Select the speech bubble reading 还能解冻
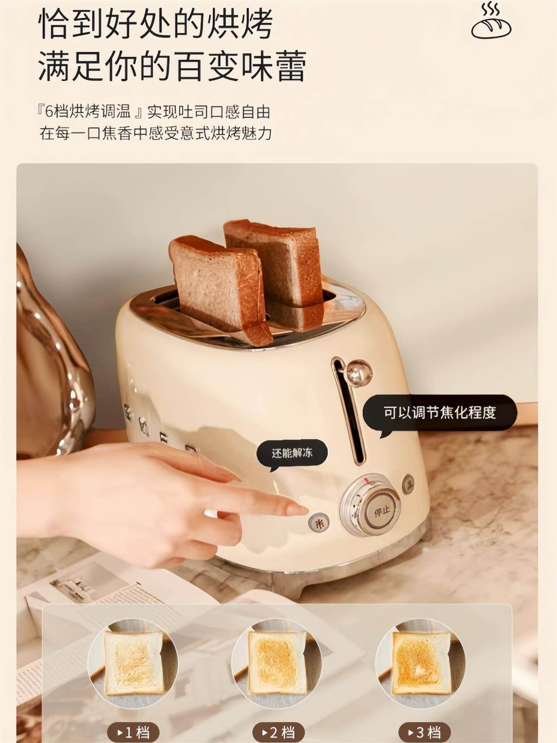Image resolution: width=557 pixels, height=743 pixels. coord(292,453)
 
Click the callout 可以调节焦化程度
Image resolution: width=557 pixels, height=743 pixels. coord(439,412)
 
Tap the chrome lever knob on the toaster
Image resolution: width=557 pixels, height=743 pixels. coord(359,371)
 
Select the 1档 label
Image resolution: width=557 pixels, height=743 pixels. coord(134,732)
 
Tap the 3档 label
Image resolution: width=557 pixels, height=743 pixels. coord(422,732)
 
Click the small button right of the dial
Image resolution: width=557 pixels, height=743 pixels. coord(409,482)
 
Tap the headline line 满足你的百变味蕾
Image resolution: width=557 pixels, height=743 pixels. coord(172,66)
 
